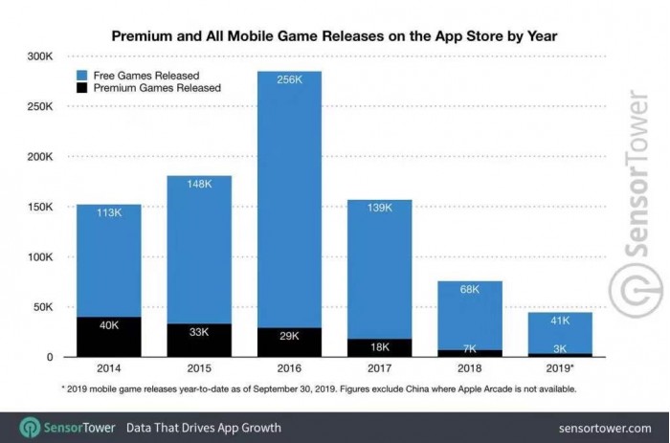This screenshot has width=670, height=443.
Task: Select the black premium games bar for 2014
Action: point(109,338)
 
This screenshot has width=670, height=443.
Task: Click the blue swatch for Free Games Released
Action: point(81,74)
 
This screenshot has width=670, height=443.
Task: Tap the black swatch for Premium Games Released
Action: point(81,87)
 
